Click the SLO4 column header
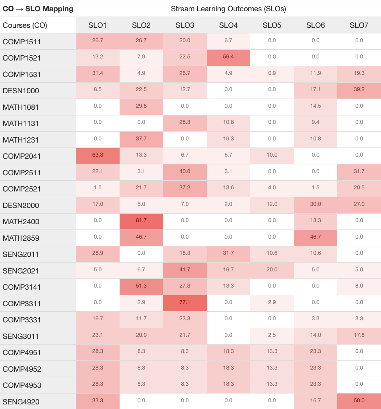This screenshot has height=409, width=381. tap(228, 25)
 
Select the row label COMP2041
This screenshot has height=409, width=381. tap(22, 156)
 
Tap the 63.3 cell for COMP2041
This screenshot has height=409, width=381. tap(98, 155)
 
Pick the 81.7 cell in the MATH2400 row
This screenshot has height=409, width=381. tap(141, 220)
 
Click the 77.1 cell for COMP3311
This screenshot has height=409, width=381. tap(185, 302)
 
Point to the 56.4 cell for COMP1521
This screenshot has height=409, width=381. tap(228, 57)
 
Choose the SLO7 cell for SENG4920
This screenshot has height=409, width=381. tap(359, 401)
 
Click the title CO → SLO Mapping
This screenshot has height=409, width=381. tap(38, 9)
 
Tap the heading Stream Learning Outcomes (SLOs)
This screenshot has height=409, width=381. tap(228, 9)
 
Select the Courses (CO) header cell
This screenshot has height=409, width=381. tap(25, 25)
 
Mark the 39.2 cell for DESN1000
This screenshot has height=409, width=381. tap(359, 89)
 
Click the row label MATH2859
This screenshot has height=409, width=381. tap(21, 238)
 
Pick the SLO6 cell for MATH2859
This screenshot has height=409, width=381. tap(315, 237)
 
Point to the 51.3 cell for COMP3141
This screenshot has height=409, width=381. tap(141, 286)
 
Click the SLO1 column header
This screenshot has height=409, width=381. tap(98, 25)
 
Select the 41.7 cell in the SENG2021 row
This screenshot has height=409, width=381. tap(185, 270)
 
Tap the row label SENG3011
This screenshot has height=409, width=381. tap(21, 336)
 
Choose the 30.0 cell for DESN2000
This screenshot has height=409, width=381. tap(315, 204)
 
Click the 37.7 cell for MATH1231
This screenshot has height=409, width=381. tap(141, 139)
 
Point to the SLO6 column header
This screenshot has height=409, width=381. tap(315, 25)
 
